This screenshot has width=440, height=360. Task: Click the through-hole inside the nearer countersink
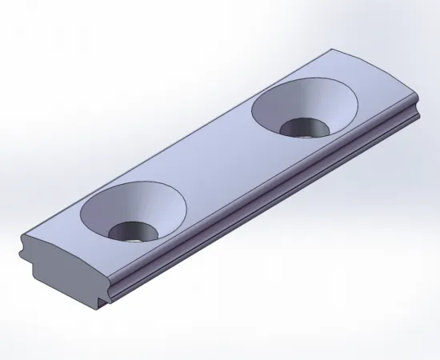(133, 230)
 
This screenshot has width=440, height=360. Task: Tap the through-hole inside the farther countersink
(302, 127)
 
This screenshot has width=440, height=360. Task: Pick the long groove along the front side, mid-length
(264, 203)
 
